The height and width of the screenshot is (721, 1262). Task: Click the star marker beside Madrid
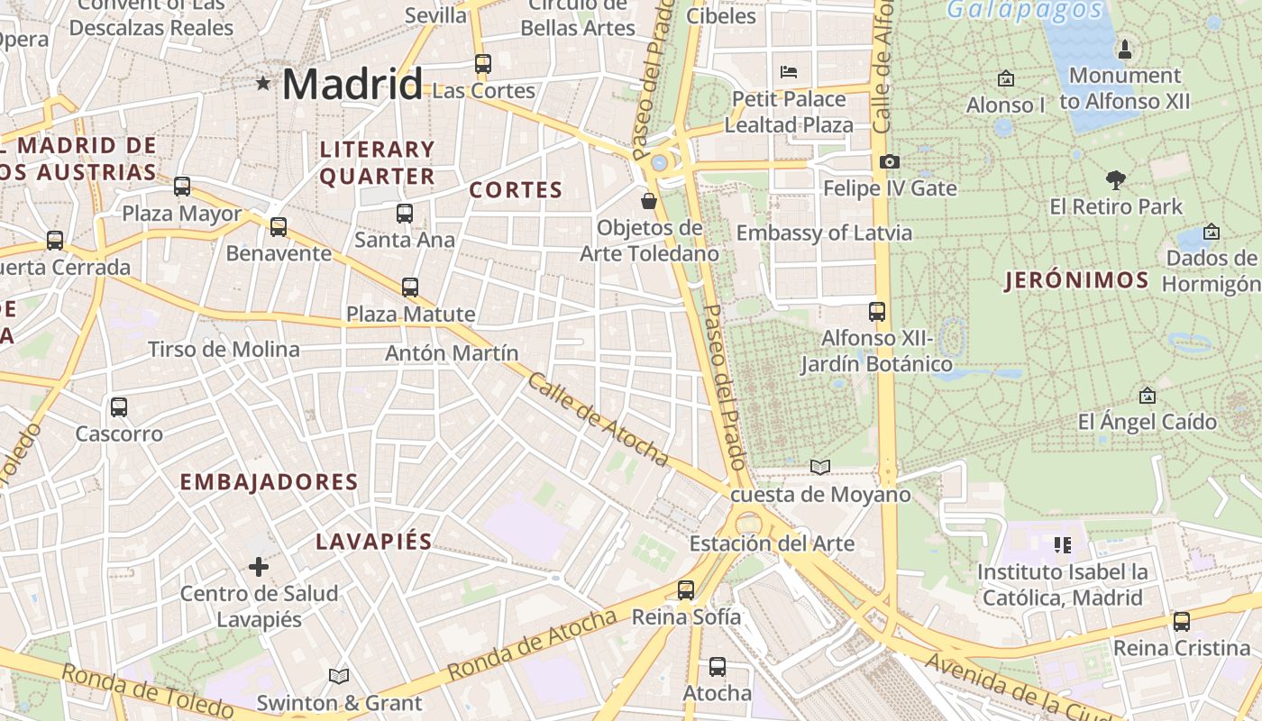coord(263,84)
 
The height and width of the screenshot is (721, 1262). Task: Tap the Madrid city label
coord(352,85)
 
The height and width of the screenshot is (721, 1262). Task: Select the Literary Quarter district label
coord(377,163)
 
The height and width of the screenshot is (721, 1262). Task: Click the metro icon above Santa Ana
coord(405,214)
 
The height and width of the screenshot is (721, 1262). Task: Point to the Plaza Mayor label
coord(182,214)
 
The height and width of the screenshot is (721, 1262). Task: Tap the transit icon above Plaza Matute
coord(410,287)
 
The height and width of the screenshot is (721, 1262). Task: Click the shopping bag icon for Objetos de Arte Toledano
coord(648,200)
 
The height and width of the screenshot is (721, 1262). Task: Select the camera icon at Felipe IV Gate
coord(890,162)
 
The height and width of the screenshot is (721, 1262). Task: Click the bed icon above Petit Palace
coord(789,71)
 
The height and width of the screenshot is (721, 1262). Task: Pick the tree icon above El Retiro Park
coord(1116,180)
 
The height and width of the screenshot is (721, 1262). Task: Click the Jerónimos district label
coord(1077,280)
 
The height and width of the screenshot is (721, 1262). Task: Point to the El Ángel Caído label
coord(1148,422)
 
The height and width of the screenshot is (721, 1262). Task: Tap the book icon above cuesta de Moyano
coord(819,467)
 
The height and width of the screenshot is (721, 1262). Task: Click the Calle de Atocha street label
coord(598,420)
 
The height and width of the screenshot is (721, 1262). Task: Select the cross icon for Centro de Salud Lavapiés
coord(259,567)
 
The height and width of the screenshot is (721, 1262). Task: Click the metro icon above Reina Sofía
coord(686,590)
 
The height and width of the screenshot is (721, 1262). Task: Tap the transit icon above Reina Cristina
coord(1181,622)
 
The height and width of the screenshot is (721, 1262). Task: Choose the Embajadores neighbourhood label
coord(270,482)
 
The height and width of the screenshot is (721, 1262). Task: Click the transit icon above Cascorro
coord(119,407)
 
